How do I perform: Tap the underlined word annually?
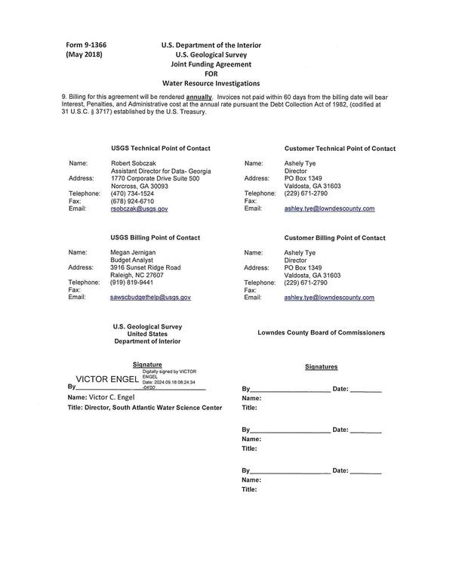pos(199,97)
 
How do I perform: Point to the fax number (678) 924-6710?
pos(132,201)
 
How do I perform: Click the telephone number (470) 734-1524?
pos(132,193)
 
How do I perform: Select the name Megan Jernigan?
pos(136,251)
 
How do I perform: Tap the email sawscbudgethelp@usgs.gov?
pos(150,298)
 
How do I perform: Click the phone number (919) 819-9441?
pos(132,282)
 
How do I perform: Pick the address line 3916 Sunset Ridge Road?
pos(145,267)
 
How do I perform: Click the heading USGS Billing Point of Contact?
pos(155,237)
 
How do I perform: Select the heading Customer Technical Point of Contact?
pos(329,149)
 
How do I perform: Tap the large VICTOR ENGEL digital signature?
pos(106,378)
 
